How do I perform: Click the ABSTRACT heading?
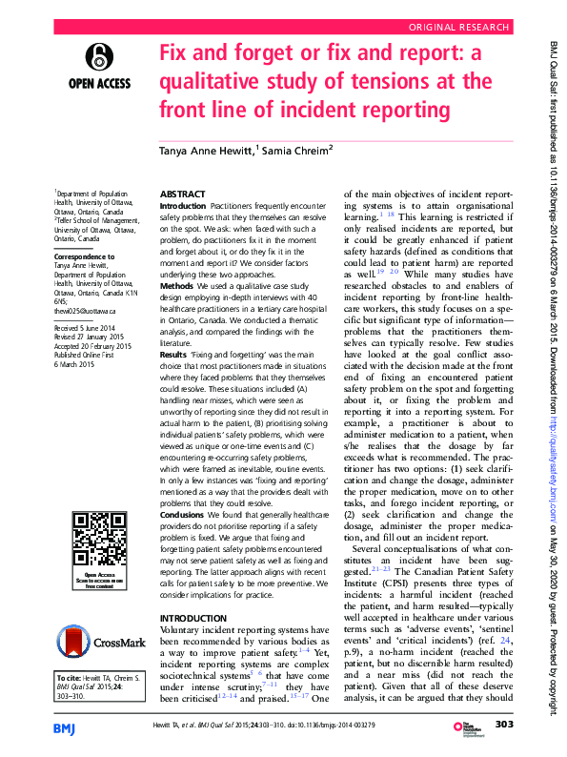coord(184,192)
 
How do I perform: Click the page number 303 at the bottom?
coord(505,726)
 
